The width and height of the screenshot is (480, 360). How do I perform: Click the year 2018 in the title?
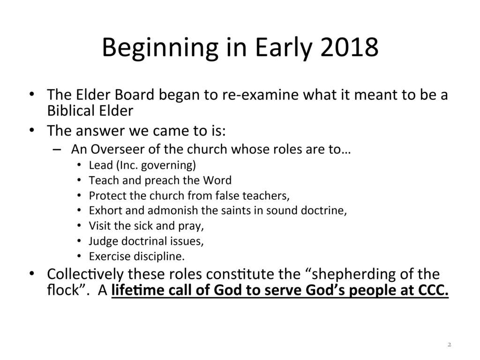coord(349,47)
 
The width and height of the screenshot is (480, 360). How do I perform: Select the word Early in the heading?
coord(284,48)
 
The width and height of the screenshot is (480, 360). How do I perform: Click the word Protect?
coord(107,195)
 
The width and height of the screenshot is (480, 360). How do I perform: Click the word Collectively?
coord(85,275)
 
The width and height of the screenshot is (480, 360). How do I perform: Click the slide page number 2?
coord(450,345)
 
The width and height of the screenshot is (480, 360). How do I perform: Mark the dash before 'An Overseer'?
coord(57,150)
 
